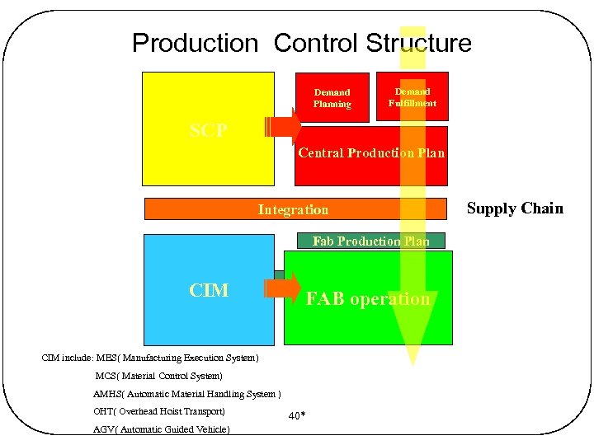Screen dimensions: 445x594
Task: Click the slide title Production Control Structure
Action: tap(301, 43)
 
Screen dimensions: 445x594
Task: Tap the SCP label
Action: tap(209, 130)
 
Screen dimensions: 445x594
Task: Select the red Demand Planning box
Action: tap(332, 98)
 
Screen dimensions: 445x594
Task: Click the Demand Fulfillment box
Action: tap(412, 97)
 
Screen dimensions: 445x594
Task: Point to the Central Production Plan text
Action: tap(370, 153)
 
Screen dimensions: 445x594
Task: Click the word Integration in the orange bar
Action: tap(293, 209)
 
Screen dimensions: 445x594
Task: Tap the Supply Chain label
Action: tap(515, 208)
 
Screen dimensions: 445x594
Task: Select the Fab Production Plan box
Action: tap(370, 241)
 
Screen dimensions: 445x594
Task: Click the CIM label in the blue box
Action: tap(209, 290)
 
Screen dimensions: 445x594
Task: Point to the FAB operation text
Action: tap(368, 299)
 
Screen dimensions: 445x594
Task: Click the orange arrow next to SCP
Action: tap(284, 127)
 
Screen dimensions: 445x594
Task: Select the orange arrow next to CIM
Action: tap(284, 287)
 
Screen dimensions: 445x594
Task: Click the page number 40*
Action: tap(297, 416)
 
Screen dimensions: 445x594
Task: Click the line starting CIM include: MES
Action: tap(150, 358)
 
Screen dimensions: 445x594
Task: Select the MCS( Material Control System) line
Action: tap(158, 376)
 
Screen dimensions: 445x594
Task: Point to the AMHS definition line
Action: tap(187, 394)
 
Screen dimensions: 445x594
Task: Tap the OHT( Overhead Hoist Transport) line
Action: tap(159, 411)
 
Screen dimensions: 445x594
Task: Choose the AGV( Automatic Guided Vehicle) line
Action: tap(162, 429)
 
